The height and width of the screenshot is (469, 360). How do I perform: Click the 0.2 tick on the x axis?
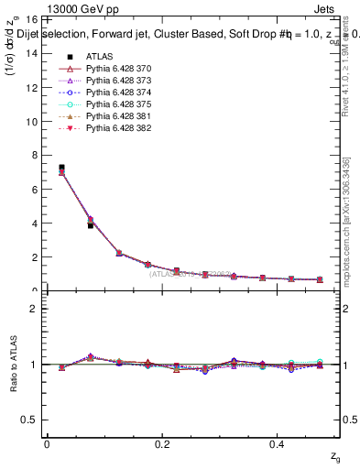(x=162, y=444)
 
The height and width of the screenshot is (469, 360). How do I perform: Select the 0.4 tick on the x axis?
(x=279, y=444)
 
